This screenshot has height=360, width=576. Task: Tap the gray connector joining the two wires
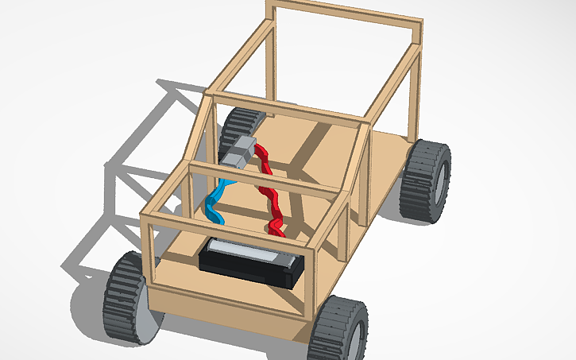(241, 152)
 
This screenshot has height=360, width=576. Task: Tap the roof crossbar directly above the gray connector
(286, 108)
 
